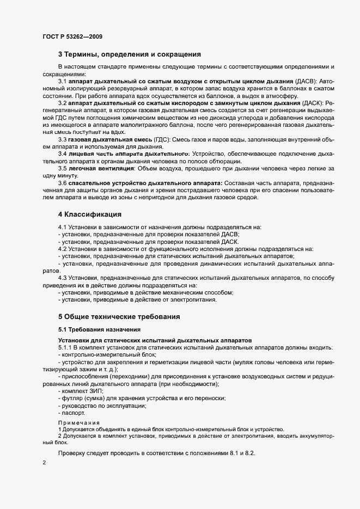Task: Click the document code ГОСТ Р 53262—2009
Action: tap(72, 36)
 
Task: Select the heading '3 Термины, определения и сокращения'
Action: tap(130, 54)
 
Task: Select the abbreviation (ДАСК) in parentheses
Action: tap(307, 103)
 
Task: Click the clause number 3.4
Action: tap(63, 155)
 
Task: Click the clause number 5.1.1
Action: tap(66, 347)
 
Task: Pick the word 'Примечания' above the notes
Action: tap(79, 422)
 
